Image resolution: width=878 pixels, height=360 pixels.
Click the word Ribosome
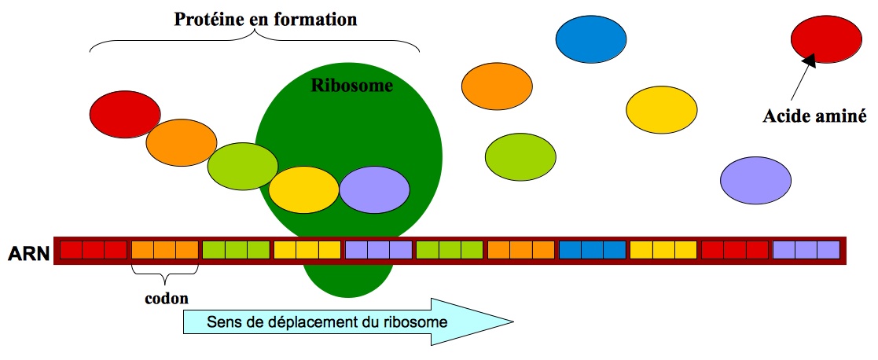coord(351,86)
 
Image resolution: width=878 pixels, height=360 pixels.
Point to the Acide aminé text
coord(814,117)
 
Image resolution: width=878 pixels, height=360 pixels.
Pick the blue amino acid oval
coord(590,38)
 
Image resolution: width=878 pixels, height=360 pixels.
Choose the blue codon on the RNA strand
coord(593,251)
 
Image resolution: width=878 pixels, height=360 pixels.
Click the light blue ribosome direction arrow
coord(346,321)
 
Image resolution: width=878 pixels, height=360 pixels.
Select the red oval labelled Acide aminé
coord(825,39)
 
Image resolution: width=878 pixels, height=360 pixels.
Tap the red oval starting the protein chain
coord(125,116)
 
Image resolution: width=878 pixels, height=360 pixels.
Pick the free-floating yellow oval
coord(661,109)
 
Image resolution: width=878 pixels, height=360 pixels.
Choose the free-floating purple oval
coord(755,180)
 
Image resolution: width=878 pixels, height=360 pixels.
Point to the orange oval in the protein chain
coord(181,142)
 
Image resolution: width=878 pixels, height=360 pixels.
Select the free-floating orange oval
coord(496,86)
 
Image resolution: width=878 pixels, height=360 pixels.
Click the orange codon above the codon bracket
coord(164,251)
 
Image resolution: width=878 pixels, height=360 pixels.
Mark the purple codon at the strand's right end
coord(806,251)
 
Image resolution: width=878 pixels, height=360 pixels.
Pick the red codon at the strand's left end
coord(94,251)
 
